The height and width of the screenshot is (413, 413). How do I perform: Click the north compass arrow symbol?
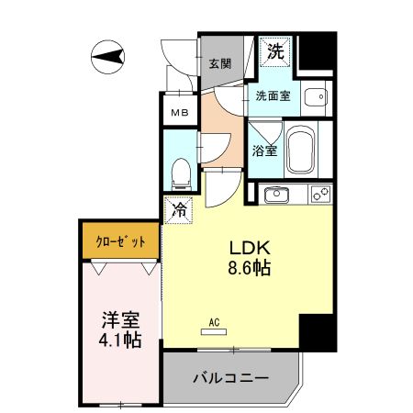click(x=108, y=61)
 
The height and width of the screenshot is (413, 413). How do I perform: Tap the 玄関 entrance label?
click(x=218, y=63)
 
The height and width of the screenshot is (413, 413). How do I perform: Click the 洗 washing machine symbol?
click(x=275, y=52)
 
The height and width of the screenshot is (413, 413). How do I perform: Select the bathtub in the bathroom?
click(x=300, y=151)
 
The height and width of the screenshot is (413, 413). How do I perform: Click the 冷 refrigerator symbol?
click(x=179, y=209)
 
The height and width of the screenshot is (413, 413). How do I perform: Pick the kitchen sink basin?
click(x=275, y=195)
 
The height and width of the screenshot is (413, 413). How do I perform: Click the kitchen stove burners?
click(x=319, y=194)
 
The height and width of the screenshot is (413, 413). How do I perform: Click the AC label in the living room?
click(x=213, y=321)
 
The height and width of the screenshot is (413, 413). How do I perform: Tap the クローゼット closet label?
click(x=121, y=242)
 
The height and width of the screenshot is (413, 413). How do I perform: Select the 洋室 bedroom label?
click(x=120, y=320)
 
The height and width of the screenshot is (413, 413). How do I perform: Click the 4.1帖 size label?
click(x=120, y=341)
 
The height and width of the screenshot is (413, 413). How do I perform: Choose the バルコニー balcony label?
click(x=229, y=377)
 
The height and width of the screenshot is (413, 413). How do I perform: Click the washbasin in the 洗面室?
click(x=315, y=95)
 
